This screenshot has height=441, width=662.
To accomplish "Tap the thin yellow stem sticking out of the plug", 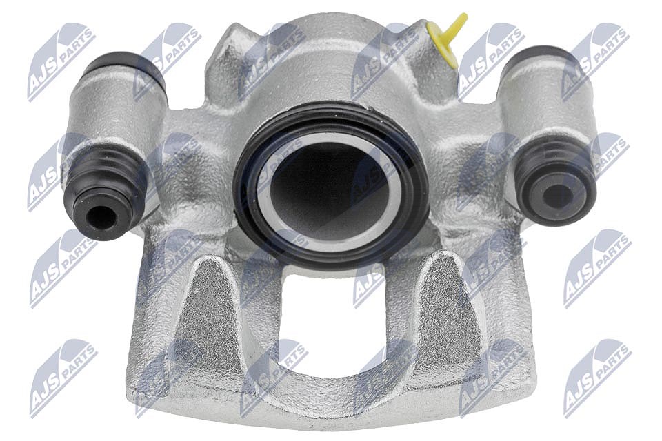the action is click(458, 25).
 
